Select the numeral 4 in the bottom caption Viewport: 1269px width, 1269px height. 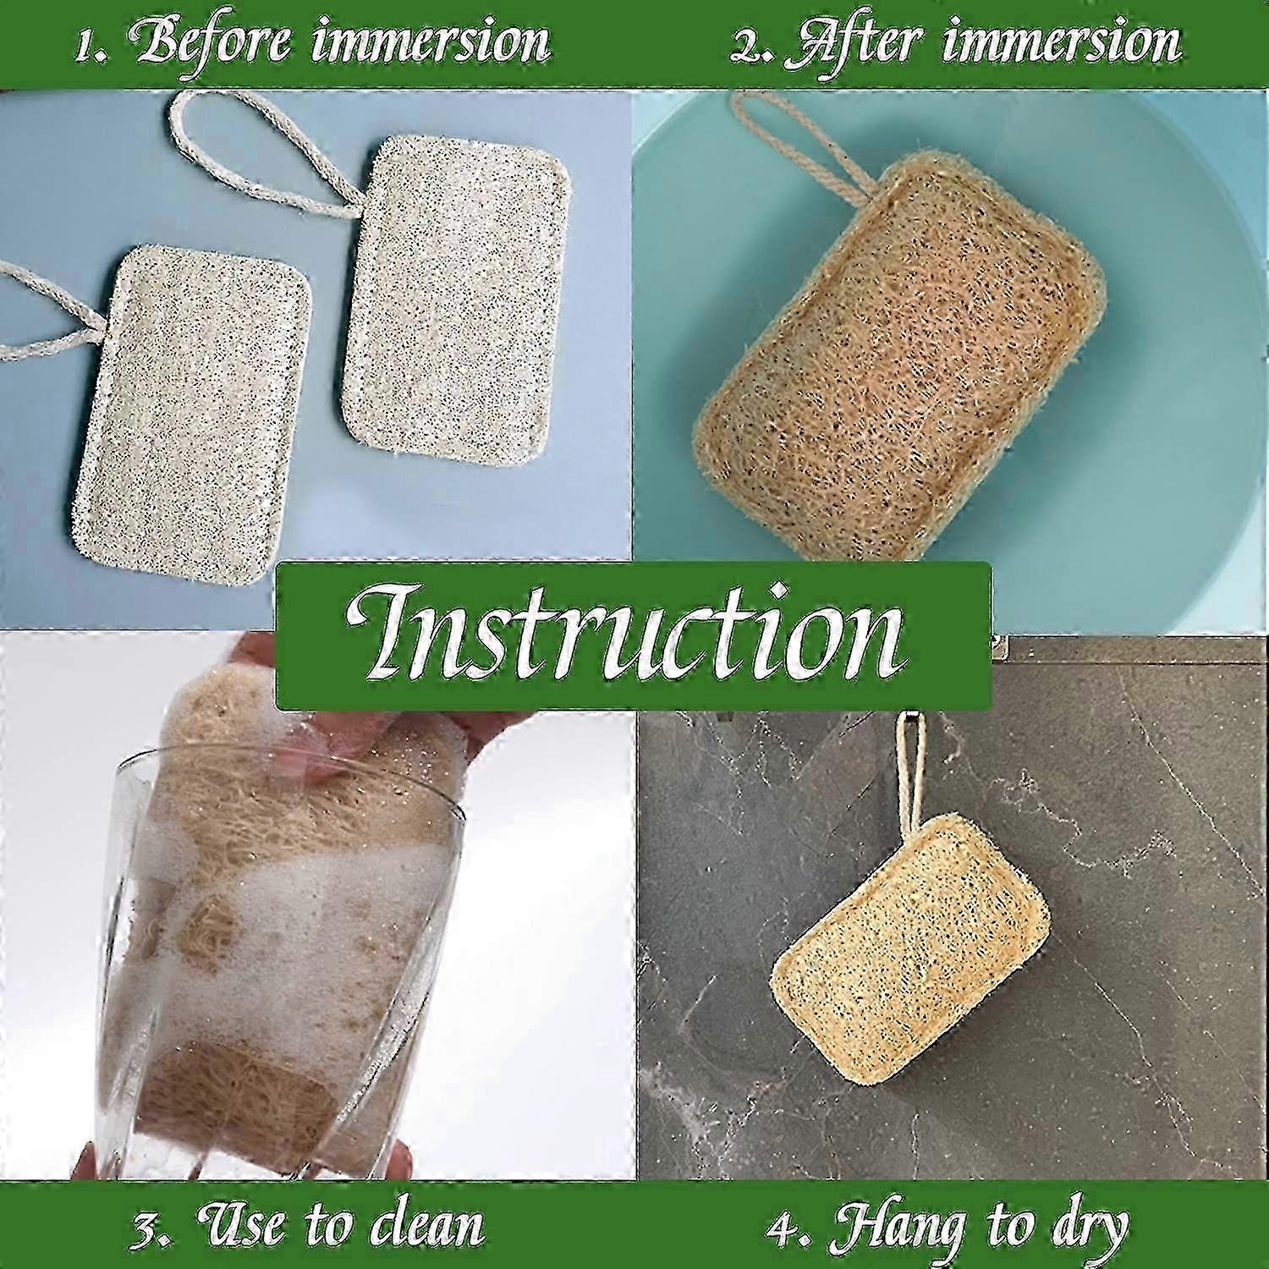pos(782,1227)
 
